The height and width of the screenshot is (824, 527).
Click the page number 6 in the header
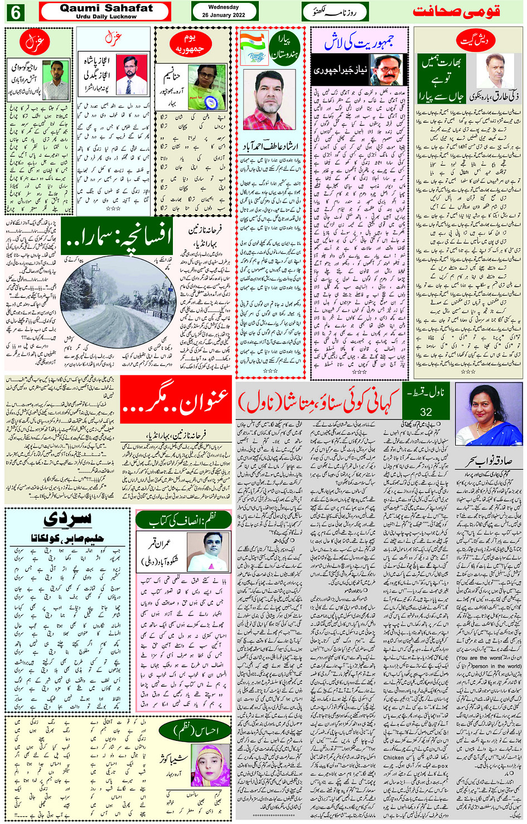coord(15,12)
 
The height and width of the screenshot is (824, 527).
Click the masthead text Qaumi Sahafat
coord(106,8)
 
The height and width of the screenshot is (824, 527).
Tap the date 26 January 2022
coord(224,15)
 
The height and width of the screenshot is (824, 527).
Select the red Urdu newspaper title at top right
coord(456,12)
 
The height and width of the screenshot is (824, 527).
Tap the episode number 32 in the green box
coord(426,412)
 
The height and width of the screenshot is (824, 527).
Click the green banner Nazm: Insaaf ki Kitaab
coord(183,521)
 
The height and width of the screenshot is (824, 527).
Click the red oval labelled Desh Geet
coord(475,40)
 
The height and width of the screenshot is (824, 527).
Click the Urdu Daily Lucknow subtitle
coord(106,17)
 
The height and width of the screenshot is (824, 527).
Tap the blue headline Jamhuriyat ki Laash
coord(359,41)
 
